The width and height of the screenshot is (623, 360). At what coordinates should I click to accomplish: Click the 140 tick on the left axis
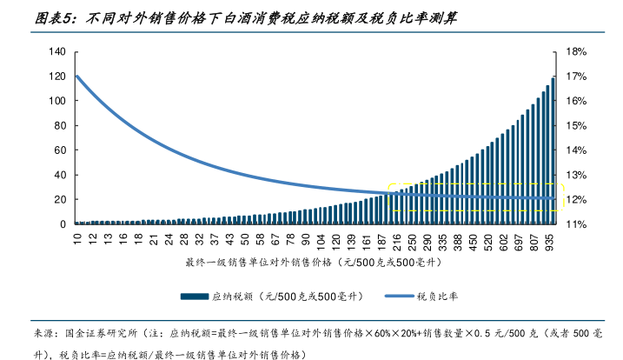58,52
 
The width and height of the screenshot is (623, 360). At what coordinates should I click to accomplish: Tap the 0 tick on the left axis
63,223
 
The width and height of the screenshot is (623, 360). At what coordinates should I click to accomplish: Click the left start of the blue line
77,77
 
